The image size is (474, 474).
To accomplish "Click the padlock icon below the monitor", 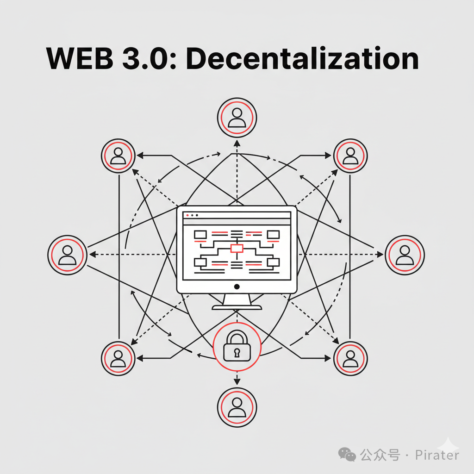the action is tap(237, 348).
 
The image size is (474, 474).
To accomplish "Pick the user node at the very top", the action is tap(237, 118).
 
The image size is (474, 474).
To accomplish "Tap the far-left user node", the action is tap(68, 255).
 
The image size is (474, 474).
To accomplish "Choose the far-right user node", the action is tap(405, 255).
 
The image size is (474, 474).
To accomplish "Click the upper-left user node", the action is tap(118, 156).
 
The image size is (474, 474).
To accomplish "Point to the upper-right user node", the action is tap(350, 156).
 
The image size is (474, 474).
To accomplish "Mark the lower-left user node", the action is tap(118, 358).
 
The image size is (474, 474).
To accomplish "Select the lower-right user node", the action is tap(350, 358).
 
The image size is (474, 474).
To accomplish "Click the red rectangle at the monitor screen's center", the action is tap(237, 249).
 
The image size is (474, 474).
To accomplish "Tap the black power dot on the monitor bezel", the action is tap(237, 287).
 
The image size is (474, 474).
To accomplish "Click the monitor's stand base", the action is tap(237, 307).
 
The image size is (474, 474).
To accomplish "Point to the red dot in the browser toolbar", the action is tap(187, 215).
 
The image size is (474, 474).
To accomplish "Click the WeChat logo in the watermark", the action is tap(347, 455).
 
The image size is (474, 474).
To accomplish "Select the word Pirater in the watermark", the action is tap(437, 455).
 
